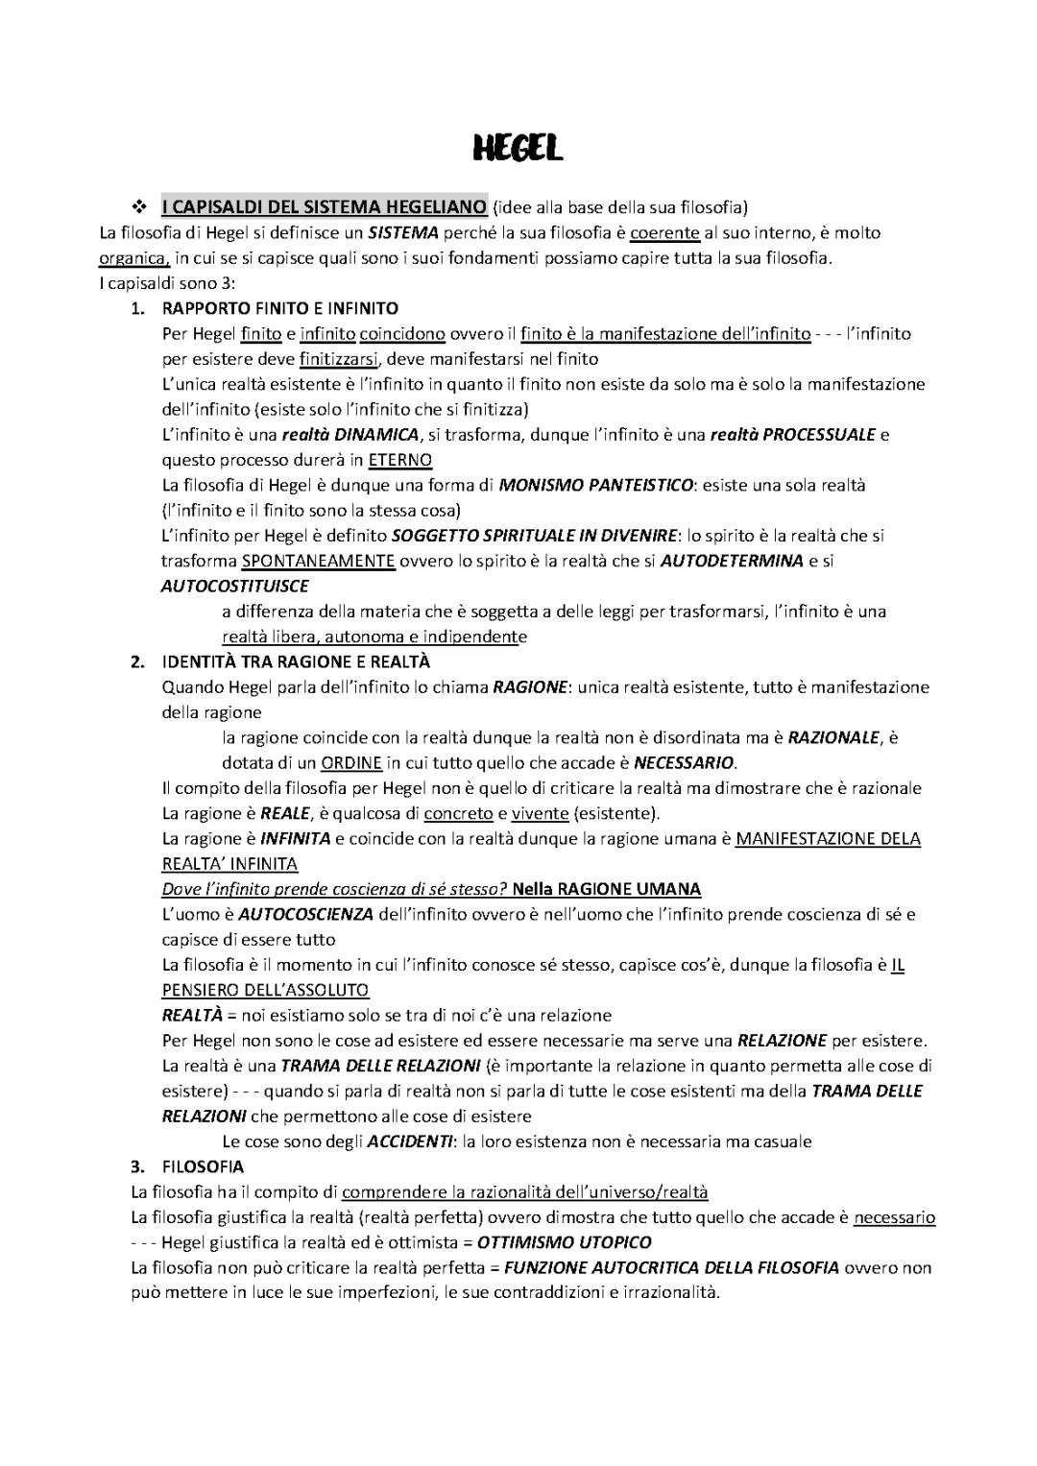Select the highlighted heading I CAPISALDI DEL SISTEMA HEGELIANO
[x=325, y=206]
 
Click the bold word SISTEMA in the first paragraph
[x=403, y=232]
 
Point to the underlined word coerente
[x=664, y=232]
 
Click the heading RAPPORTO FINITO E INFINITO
[x=279, y=308]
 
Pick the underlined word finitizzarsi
[x=338, y=359]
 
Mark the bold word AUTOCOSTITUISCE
[x=235, y=586]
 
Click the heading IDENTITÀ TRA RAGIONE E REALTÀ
[x=296, y=661]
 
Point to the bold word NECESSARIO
[x=684, y=763]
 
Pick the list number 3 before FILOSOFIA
[x=137, y=1166]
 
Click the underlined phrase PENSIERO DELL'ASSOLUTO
[x=265, y=990]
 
